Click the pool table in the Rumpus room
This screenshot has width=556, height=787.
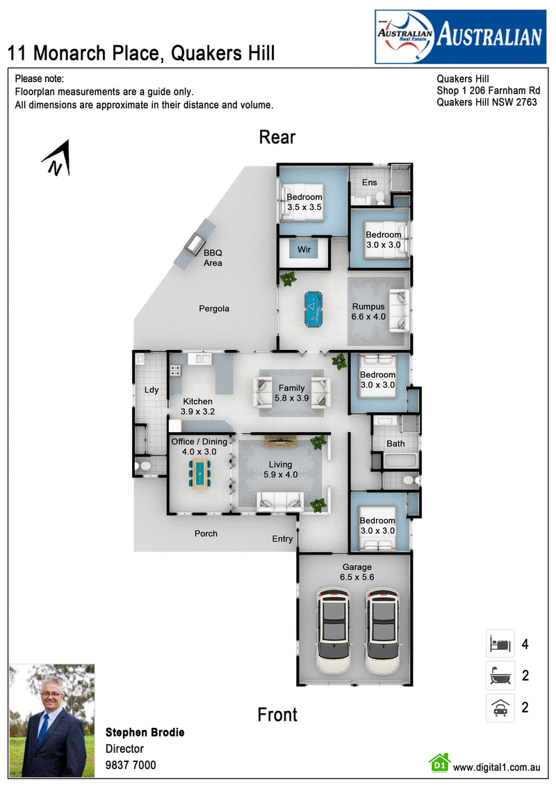(313, 309)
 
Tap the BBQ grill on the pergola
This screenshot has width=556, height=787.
(195, 244)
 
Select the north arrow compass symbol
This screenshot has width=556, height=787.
(57, 158)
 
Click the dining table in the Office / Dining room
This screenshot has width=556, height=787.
(199, 473)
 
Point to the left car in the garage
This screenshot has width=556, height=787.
(334, 631)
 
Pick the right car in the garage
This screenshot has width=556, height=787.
(382, 631)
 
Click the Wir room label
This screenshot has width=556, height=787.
(304, 249)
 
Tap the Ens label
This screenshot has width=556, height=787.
(370, 183)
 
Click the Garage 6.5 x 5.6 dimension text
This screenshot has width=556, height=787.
(357, 572)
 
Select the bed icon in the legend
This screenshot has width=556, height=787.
(500, 644)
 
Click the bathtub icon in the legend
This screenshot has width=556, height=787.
(500, 676)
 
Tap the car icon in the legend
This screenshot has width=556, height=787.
(500, 708)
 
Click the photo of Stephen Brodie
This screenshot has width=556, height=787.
(52, 720)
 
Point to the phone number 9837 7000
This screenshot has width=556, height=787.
(131, 765)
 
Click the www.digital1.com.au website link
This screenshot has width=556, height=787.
(496, 768)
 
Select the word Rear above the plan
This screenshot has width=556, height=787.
(277, 137)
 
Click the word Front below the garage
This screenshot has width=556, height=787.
(277, 715)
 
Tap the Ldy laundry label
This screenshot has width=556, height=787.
(152, 390)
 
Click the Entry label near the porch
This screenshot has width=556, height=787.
(282, 539)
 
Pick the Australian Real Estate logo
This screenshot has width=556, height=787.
(460, 37)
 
